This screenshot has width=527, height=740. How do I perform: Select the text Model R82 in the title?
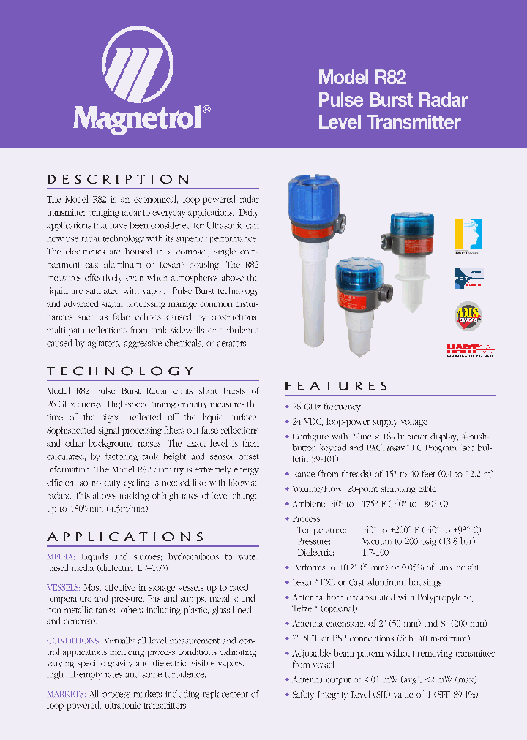(362, 78)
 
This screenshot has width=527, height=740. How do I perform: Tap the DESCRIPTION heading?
(119, 179)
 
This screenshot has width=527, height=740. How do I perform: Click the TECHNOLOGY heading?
(121, 371)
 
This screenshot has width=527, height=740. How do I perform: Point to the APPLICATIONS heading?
(126, 536)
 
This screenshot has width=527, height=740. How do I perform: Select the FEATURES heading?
(337, 385)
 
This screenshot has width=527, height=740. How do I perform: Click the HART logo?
(469, 350)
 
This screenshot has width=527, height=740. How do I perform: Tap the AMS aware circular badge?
(468, 314)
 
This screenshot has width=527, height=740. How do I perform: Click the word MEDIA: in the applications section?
(61, 556)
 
